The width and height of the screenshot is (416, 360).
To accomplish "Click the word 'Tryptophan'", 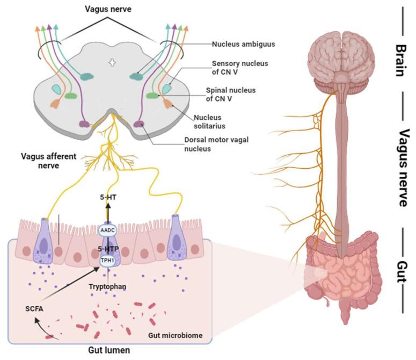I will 107,287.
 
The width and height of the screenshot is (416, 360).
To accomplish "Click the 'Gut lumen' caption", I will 111,350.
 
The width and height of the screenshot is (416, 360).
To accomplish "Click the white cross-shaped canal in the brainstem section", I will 112,63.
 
